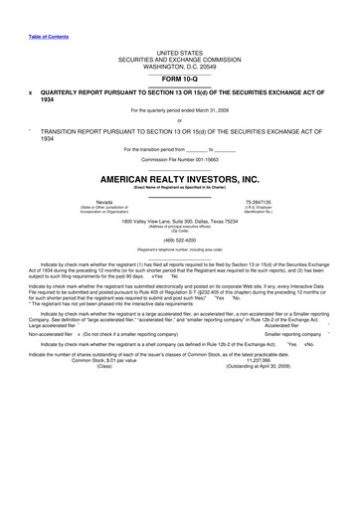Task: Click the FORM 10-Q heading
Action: pos(180,77)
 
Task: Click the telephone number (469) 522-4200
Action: pos(180,239)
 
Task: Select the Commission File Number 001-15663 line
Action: pos(180,159)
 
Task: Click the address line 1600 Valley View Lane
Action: pos(180,220)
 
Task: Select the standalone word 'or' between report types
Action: pos(180,120)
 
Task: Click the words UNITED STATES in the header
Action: pos(180,50)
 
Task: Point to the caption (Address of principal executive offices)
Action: pos(180,226)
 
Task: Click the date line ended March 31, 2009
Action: pos(180,109)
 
